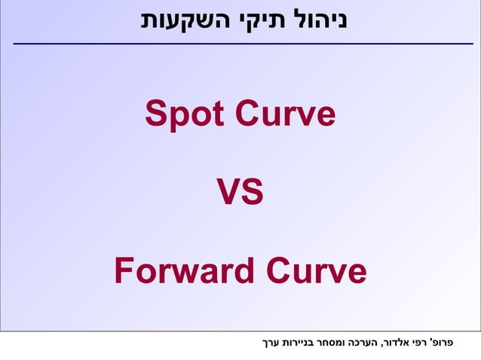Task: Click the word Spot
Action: tap(185, 115)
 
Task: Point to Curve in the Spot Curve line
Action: tap(285, 115)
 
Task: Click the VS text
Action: tap(240, 193)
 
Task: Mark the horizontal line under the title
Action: tap(241, 44)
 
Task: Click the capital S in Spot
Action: tap(156, 115)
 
